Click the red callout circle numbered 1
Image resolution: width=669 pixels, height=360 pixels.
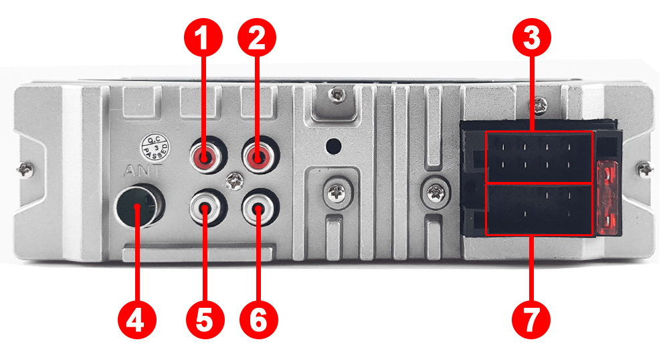click(203, 37)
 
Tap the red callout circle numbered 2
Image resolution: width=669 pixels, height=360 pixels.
click(257, 37)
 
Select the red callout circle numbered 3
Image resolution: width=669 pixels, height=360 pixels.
click(532, 37)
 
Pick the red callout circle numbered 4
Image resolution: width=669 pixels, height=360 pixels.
click(137, 320)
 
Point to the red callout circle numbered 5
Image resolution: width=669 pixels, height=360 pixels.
click(205, 320)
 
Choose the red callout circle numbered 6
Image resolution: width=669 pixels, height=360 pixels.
click(258, 320)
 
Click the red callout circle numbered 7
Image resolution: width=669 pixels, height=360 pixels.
click(531, 320)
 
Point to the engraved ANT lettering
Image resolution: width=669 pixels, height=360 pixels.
click(142, 171)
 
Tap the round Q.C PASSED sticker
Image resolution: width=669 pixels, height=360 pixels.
click(156, 147)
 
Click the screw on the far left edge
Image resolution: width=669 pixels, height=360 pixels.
click(25, 170)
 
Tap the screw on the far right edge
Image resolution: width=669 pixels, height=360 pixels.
click(645, 170)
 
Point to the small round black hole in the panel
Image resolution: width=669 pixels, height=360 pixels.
click(334, 146)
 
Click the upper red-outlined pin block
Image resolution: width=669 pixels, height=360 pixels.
click(539, 157)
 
